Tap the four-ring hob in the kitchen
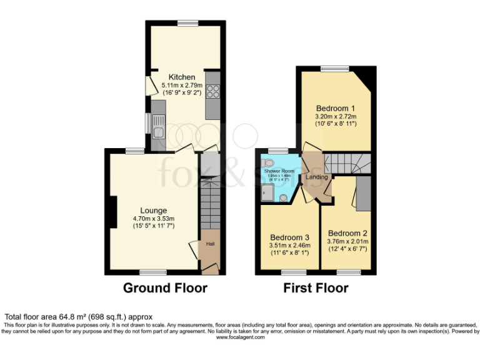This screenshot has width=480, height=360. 212,91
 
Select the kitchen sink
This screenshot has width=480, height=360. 157,131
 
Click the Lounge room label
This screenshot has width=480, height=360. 153,210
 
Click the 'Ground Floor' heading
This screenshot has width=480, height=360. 165,288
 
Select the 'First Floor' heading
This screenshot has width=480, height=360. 316,288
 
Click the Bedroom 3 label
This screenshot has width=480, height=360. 289,237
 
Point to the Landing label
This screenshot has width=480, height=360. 317,177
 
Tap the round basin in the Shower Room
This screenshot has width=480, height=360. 283,198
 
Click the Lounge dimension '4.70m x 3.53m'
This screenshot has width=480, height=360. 153,218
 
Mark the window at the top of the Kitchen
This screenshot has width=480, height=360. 187,22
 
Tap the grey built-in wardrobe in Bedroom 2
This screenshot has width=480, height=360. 363,193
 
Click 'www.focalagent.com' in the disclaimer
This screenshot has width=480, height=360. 240,337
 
